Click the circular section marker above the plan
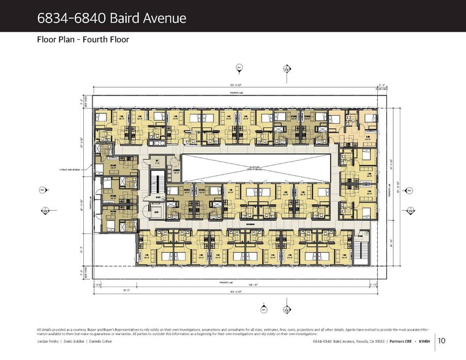240,67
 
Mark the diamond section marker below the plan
286,310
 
